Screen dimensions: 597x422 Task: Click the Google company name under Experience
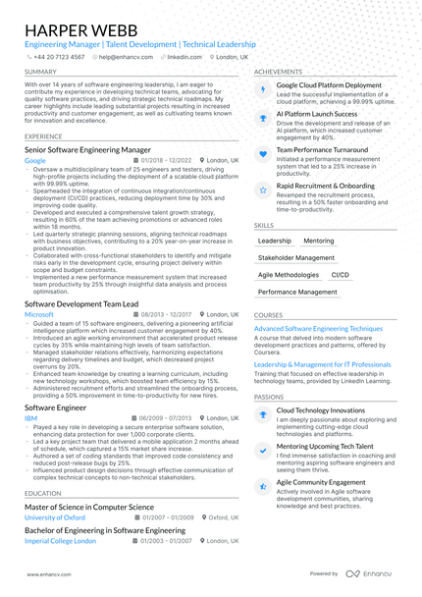tap(35, 159)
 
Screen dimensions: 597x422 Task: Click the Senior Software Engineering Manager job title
tap(87, 149)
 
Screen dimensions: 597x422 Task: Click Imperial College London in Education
tap(60, 540)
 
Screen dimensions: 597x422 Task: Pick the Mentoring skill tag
tap(318, 241)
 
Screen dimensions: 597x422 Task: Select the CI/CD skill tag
tap(340, 275)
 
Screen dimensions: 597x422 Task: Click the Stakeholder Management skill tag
tap(296, 257)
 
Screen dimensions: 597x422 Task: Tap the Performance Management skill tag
tap(297, 292)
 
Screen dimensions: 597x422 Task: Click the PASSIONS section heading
tap(269, 397)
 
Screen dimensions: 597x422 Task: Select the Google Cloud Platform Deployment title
tap(329, 85)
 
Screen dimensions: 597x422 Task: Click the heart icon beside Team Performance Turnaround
tap(262, 154)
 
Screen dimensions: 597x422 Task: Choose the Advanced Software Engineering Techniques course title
tap(318, 328)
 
